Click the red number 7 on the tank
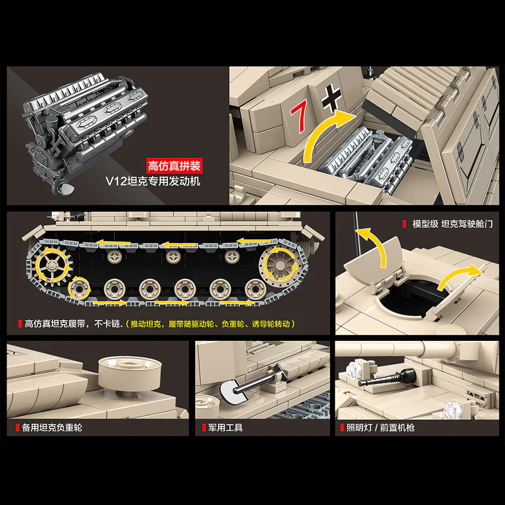point(299,113)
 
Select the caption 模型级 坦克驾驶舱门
point(449,224)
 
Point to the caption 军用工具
point(225,427)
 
